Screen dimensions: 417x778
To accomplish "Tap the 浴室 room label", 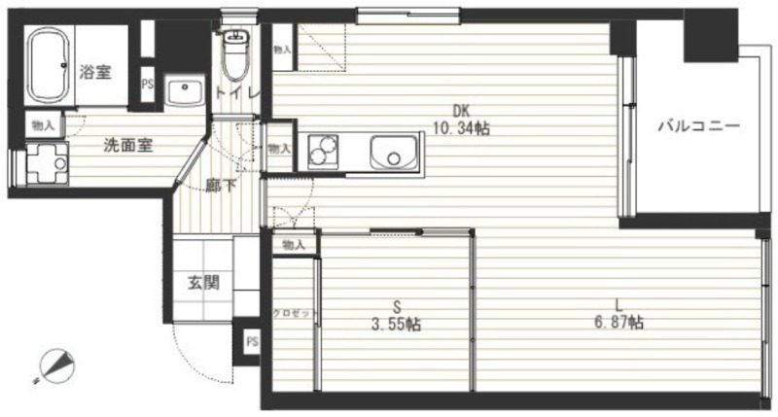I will (x=94, y=71).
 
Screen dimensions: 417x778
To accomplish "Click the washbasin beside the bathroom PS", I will (x=183, y=92).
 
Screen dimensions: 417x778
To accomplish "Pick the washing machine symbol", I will (x=45, y=162).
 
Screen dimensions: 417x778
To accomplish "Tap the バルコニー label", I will (x=698, y=126).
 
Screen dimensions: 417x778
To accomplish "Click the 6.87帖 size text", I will (x=619, y=321).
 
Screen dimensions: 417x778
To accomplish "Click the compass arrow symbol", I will (x=58, y=365).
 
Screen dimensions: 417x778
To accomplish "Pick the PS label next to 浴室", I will (x=148, y=85).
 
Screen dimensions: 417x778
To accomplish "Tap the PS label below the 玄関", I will (x=252, y=342).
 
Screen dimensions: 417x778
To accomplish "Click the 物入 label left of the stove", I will (x=279, y=149).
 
